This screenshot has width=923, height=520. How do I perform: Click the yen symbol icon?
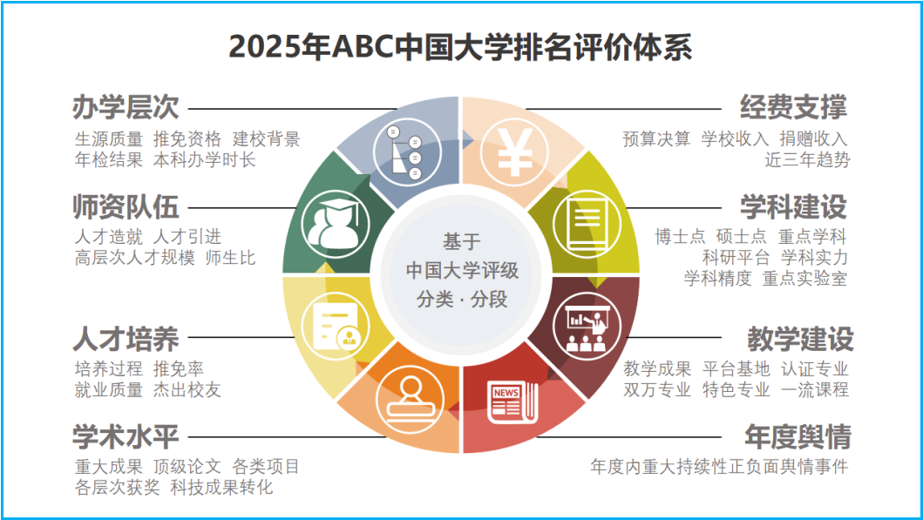tap(514, 153)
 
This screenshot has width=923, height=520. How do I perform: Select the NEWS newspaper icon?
tap(512, 403)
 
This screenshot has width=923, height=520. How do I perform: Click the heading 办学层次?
tap(126, 108)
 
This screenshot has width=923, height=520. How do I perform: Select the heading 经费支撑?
tap(794, 108)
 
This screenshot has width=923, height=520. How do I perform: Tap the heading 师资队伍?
tap(126, 207)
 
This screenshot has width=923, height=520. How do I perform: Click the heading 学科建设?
tap(794, 207)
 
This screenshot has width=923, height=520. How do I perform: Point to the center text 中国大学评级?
tap(462, 270)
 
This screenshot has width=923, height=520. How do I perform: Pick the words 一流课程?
tap(815, 389)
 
